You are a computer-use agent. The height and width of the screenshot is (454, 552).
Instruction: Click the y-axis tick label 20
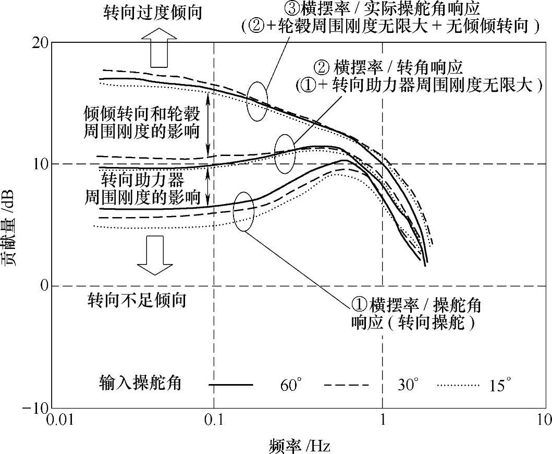41,43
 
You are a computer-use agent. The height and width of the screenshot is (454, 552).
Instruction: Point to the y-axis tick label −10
36,408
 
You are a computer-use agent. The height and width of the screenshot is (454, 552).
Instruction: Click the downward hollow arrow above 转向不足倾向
154,254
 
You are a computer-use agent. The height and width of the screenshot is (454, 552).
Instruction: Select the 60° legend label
291,386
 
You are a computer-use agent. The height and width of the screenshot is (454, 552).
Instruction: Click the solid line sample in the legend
231,385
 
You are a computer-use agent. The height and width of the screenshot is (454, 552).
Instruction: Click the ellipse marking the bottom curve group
244,211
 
